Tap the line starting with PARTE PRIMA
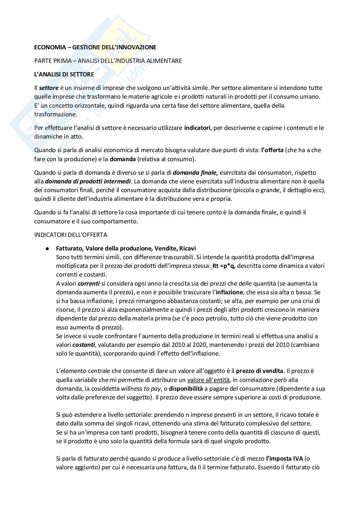(108, 61)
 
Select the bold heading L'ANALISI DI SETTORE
(64, 74)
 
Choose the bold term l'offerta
(273, 150)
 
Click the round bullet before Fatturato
(47, 249)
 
